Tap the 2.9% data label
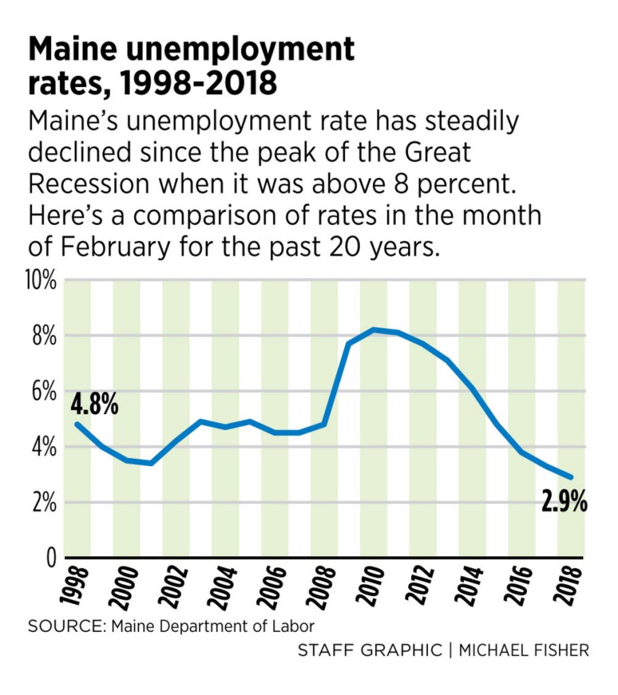pyautogui.click(x=564, y=503)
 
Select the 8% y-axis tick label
pyautogui.click(x=43, y=336)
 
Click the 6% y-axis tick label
pyautogui.click(x=43, y=392)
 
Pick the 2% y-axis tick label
pyautogui.click(x=43, y=503)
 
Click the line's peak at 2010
pyautogui.click(x=374, y=329)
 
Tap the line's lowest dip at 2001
pyautogui.click(x=151, y=463)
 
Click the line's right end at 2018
pyautogui.click(x=571, y=478)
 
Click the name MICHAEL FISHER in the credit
pyautogui.click(x=523, y=650)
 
